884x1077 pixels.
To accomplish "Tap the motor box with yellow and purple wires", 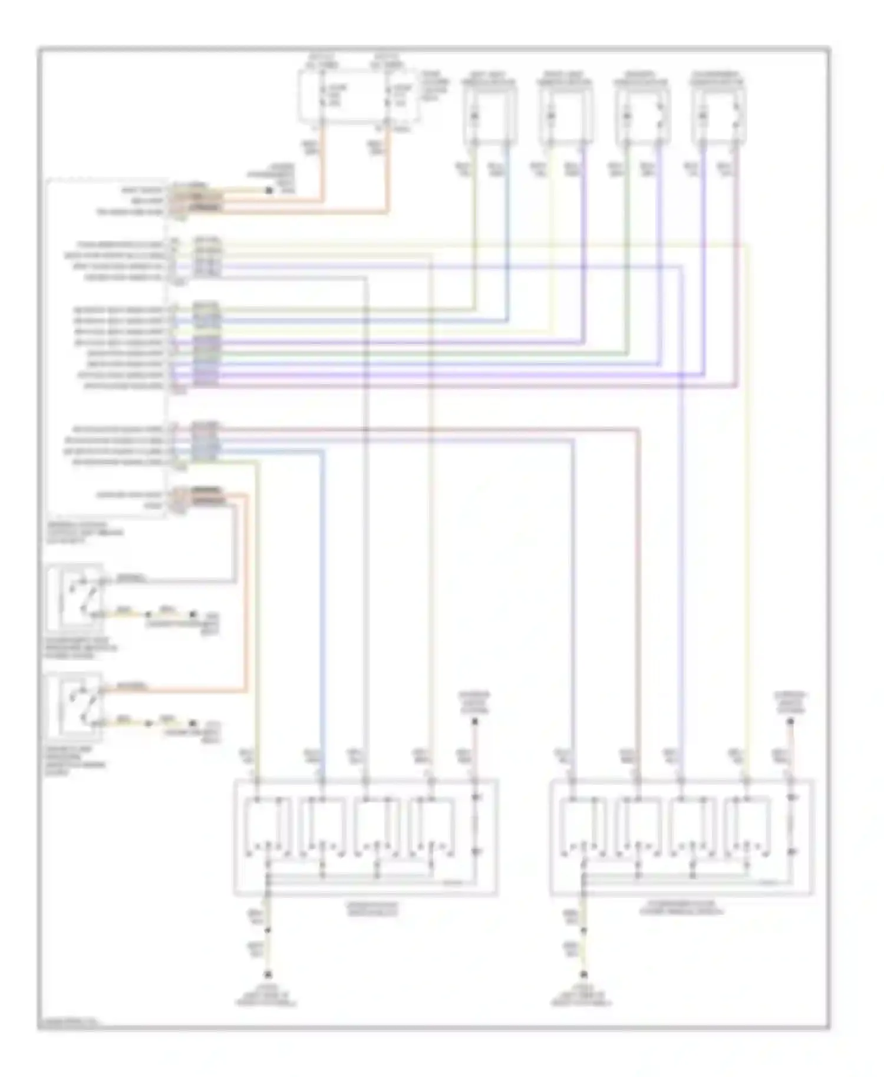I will click(x=565, y=115).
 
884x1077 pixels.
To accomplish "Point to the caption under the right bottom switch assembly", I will click(x=682, y=908).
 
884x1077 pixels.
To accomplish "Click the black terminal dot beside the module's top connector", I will click(x=269, y=190).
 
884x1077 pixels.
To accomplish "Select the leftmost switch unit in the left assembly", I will click(x=269, y=828).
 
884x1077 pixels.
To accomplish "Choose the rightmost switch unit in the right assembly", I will click(x=747, y=828).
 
